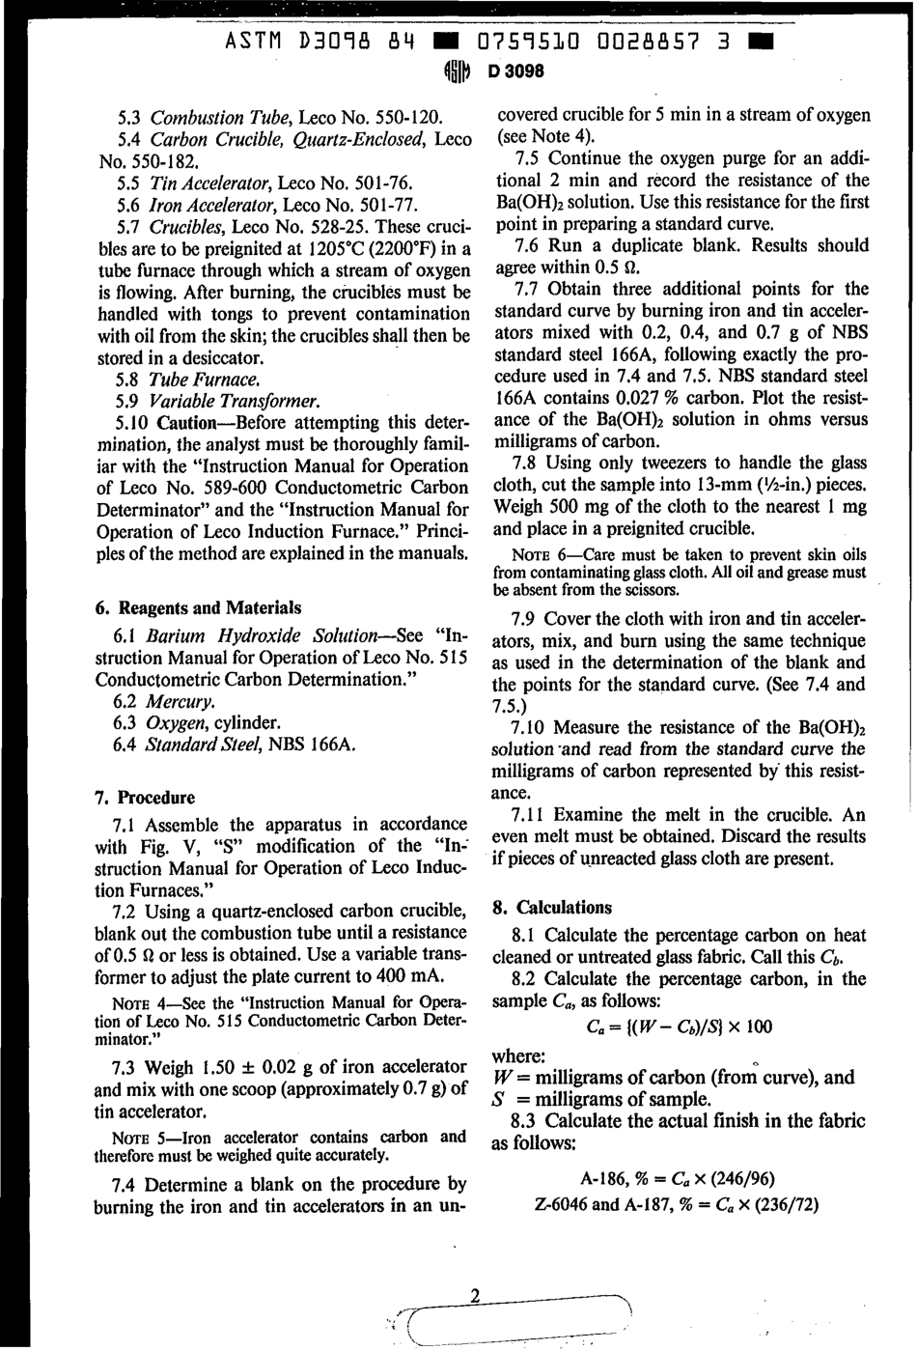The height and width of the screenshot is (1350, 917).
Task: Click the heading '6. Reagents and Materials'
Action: [x=198, y=607]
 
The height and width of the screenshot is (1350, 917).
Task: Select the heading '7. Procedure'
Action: [x=145, y=798]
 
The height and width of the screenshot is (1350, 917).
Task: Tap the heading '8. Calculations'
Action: [x=551, y=908]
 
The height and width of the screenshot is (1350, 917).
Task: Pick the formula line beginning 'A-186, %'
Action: [x=678, y=1178]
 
